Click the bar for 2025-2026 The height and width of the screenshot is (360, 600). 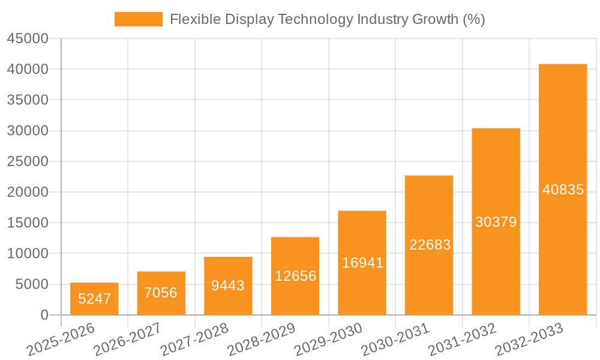point(94,299)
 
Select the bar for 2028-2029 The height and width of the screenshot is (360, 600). point(295,276)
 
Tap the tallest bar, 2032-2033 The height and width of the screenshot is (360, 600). point(563,190)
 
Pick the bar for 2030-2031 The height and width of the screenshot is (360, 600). point(429,245)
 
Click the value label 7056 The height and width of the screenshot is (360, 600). point(161,293)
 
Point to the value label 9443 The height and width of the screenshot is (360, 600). point(228,286)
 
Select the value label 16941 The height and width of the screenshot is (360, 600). point(362,263)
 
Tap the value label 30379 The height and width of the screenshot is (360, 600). point(496,222)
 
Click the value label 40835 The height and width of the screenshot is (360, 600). point(563,190)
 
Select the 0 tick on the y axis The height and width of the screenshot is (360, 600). point(44,315)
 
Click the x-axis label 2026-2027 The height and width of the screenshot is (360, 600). point(129,339)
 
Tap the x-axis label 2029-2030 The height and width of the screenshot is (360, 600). point(329,339)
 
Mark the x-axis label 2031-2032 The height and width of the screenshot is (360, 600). point(463,339)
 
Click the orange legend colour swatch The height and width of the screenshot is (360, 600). point(139,19)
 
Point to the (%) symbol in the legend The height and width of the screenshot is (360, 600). point(473,19)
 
